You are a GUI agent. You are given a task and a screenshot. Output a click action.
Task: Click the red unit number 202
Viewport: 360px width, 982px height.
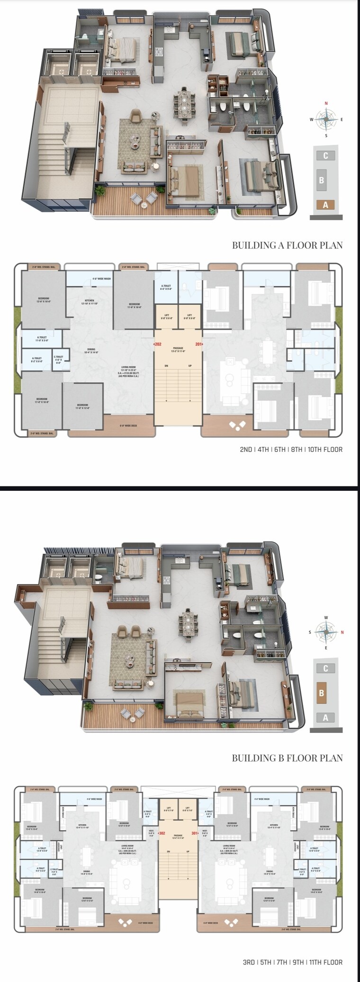tap(158, 344)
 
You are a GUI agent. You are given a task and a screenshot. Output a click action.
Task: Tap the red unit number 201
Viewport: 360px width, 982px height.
tap(198, 344)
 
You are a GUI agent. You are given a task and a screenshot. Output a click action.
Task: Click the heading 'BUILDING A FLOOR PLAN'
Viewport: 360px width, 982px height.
tap(287, 245)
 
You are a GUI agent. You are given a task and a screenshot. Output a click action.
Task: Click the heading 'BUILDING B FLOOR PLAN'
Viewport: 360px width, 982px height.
tap(287, 758)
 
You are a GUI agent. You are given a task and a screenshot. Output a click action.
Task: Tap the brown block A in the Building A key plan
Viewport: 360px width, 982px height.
tap(325, 205)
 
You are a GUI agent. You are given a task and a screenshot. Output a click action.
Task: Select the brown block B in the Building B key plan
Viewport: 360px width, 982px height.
tap(322, 693)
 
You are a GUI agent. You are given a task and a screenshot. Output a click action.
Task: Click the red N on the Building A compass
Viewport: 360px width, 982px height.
tap(326, 103)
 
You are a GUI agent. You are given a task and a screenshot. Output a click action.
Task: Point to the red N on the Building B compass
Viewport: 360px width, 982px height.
tap(342, 632)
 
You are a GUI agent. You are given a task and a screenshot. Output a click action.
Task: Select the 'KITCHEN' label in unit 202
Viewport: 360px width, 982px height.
tap(89, 300)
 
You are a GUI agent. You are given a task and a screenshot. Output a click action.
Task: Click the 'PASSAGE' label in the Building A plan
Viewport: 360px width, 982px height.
tap(178, 348)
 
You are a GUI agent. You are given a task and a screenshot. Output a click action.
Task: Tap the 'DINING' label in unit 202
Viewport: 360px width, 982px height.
tap(91, 349)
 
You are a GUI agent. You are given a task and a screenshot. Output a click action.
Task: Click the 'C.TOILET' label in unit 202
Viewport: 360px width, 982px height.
tap(59, 357)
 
